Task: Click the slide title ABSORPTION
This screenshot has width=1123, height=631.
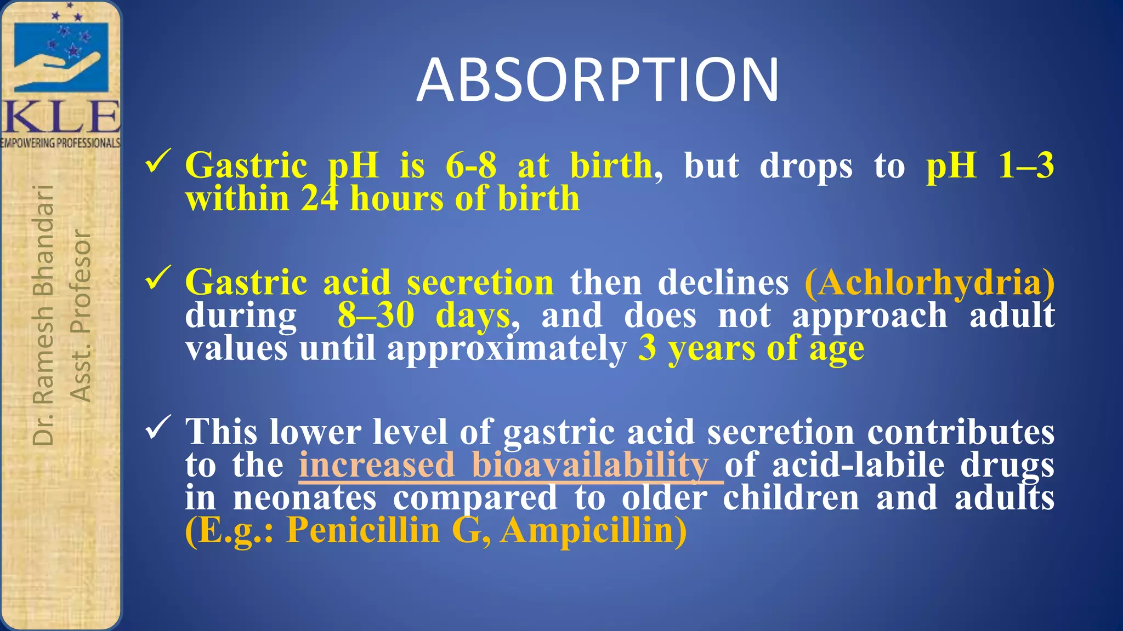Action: [x=597, y=81]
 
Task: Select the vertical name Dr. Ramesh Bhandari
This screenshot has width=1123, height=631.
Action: [x=43, y=315]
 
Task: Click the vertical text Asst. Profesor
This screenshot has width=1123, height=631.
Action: [x=81, y=315]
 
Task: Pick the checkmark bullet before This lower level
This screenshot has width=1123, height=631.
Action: [x=158, y=428]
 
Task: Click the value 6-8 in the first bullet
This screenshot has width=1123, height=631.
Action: [x=471, y=165]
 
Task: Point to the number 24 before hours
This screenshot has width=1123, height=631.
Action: [x=319, y=198]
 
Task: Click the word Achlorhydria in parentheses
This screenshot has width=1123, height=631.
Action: [x=929, y=283]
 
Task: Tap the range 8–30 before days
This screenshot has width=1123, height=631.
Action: [x=376, y=316]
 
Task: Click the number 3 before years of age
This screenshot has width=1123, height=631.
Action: [x=647, y=348]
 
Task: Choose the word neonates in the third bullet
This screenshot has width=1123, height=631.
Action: [x=305, y=498]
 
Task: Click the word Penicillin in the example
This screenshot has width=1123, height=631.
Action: [x=362, y=531]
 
